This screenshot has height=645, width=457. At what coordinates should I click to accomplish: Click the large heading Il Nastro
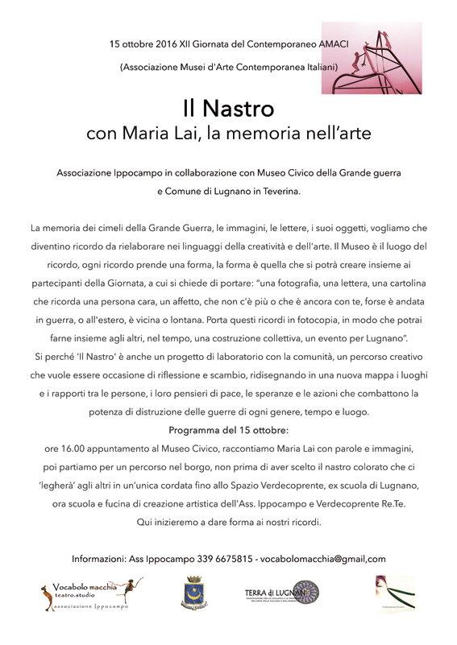tap(228, 108)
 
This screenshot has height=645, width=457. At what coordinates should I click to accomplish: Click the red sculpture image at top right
tap(383, 59)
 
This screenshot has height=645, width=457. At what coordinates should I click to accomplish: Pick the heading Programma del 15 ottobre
tap(229, 431)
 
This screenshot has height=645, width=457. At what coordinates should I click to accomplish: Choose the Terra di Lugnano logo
tap(282, 594)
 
